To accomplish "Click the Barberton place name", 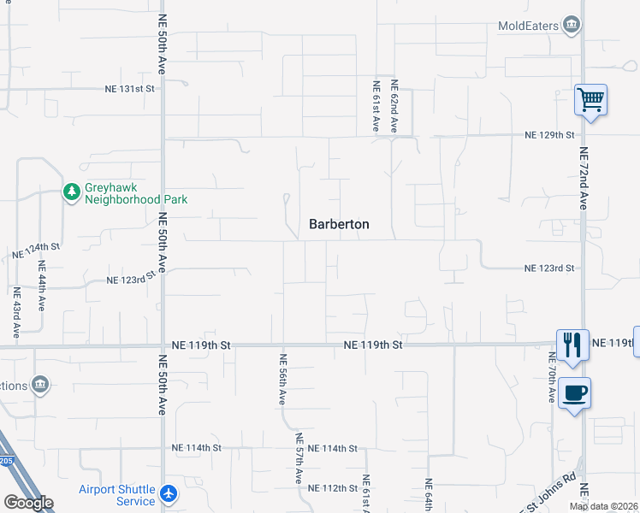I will click(x=339, y=224).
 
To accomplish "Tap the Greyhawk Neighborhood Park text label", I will click(x=136, y=193).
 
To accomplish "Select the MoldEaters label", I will click(x=529, y=26).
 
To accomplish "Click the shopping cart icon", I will click(x=590, y=100).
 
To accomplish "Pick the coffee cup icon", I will click(x=574, y=393).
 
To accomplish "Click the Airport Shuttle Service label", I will click(x=117, y=495).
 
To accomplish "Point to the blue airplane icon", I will click(x=169, y=494).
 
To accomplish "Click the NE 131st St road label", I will click(x=129, y=88).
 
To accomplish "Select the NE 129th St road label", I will click(x=548, y=135).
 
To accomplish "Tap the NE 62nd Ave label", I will click(x=395, y=106).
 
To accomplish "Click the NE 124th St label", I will click(x=36, y=251).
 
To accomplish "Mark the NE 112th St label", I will click(x=333, y=488).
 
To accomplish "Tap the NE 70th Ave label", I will click(x=550, y=377).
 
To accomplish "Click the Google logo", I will click(x=28, y=503).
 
